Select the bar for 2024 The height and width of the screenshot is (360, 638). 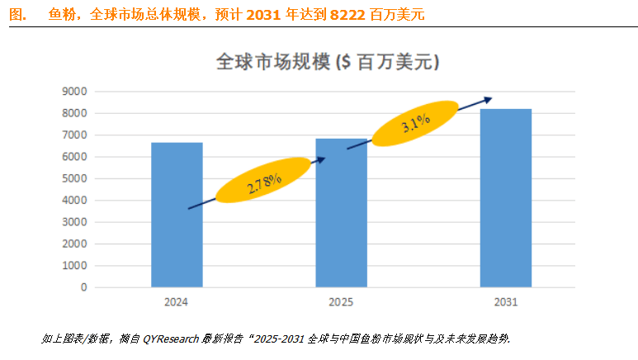[x=177, y=215]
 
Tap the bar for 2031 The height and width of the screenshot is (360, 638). [x=507, y=198]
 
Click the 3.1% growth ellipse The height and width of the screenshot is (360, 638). [x=415, y=125]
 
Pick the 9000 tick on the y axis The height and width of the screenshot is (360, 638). [x=74, y=92]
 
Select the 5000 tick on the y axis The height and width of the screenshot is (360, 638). [x=74, y=179]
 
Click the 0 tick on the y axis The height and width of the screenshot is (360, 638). [x=83, y=288]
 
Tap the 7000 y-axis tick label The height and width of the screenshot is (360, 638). [x=74, y=135]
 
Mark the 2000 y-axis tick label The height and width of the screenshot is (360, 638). [x=74, y=244]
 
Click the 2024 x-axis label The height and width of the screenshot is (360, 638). [x=177, y=302]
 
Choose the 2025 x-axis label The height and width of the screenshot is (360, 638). [x=341, y=302]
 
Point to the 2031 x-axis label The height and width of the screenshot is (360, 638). [x=506, y=302]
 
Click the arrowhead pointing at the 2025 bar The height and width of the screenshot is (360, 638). [x=322, y=159]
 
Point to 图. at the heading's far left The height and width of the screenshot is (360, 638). [x=17, y=15]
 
